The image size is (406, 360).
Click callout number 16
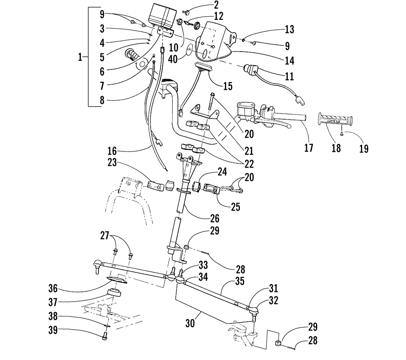(112, 151)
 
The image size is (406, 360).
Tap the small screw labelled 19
(342, 133)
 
